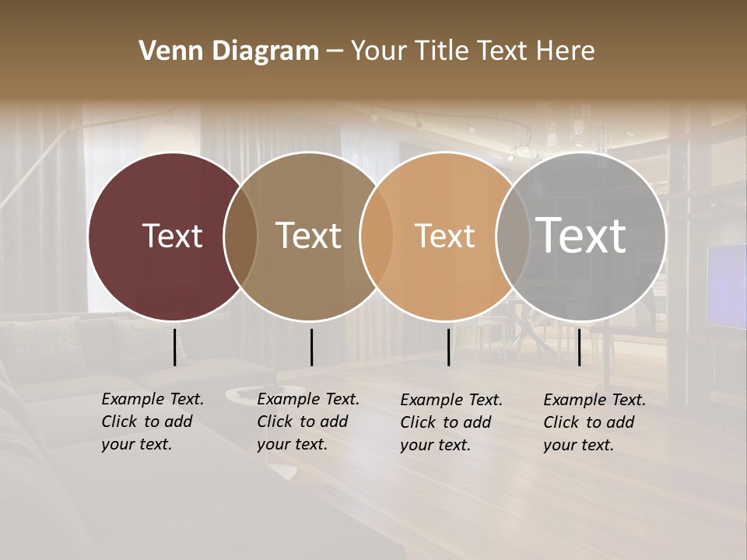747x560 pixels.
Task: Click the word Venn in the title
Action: [169, 51]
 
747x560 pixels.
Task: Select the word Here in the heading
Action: [567, 51]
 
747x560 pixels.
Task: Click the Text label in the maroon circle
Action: [172, 236]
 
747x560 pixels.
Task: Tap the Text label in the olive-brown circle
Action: [309, 236]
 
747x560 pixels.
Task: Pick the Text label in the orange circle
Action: [444, 236]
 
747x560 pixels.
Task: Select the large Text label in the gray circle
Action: [581, 236]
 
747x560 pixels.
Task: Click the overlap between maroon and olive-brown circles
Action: [240, 236]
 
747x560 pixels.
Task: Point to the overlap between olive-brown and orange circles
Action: [376, 236]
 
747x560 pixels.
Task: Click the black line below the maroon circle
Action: [174, 347]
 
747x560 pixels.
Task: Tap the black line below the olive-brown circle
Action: [311, 347]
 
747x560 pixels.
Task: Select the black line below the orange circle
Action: [448, 347]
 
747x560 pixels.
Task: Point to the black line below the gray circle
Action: [579, 347]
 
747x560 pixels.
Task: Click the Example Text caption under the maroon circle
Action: [153, 422]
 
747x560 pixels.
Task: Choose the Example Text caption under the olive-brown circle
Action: [308, 422]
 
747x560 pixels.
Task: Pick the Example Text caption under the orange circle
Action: [451, 422]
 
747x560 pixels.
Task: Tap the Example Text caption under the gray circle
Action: [594, 422]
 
